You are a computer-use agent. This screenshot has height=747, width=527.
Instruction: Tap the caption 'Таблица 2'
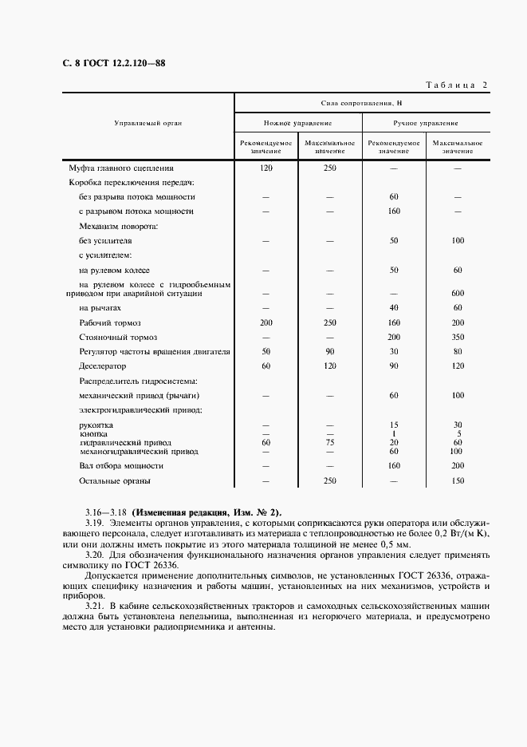pyautogui.click(x=455, y=85)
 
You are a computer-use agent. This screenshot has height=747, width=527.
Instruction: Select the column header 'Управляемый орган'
pyautogui.click(x=148, y=124)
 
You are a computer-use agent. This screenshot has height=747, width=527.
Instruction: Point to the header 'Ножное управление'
pyautogui.click(x=297, y=124)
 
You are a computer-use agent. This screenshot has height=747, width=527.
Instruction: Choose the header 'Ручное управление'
pyautogui.click(x=425, y=124)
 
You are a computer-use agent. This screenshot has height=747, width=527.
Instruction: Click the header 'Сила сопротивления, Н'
pyautogui.click(x=361, y=103)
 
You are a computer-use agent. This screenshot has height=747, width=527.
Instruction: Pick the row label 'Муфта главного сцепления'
pyautogui.click(x=120, y=168)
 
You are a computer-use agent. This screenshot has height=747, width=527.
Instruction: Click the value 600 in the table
pyautogui.click(x=458, y=293)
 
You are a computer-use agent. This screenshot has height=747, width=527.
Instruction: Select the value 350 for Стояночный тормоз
pyautogui.click(x=458, y=337)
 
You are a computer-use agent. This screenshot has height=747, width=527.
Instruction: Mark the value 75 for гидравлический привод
pyautogui.click(x=329, y=441)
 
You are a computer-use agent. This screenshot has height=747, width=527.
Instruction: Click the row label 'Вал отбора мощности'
pyautogui.click(x=121, y=465)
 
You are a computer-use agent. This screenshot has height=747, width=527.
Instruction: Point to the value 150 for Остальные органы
pyautogui.click(x=458, y=480)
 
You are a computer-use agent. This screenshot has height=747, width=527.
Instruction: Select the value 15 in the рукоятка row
pyautogui.click(x=393, y=425)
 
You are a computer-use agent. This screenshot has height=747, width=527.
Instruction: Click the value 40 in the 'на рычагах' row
pyautogui.click(x=393, y=307)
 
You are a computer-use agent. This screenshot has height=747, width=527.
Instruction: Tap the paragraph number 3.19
pyautogui.click(x=95, y=523)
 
